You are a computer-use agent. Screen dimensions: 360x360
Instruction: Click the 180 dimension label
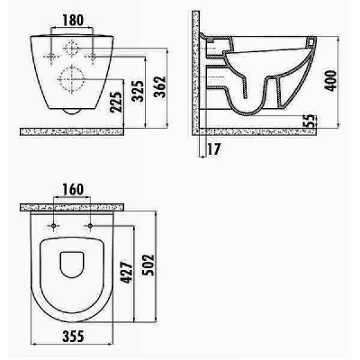[x=73, y=20]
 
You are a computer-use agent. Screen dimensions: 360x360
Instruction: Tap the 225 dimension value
[x=116, y=102]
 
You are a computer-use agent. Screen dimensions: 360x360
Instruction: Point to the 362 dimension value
[x=159, y=87]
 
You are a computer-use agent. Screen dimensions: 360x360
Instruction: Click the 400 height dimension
[x=331, y=81]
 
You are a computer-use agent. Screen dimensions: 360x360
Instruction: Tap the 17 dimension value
[x=214, y=149]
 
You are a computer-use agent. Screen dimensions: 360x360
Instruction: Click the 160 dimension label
[x=73, y=189]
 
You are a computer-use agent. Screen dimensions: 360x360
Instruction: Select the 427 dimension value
[x=127, y=272]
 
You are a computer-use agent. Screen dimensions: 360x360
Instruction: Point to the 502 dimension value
[x=148, y=265]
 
